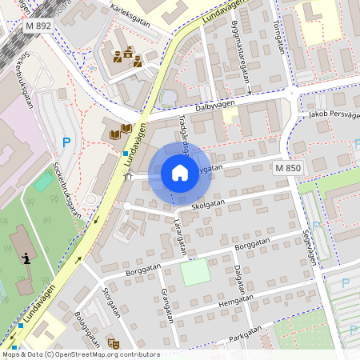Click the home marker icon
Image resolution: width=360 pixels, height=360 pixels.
pyautogui.click(x=180, y=172)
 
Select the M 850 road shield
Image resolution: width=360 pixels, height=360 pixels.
pyautogui.click(x=288, y=168)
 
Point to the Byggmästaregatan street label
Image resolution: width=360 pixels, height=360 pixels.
pyautogui.click(x=238, y=60)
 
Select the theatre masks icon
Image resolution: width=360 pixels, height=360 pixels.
pyautogui.click(x=114, y=342)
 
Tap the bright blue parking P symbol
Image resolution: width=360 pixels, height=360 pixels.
pyautogui.click(x=66, y=143)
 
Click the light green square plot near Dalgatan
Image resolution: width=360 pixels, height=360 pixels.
pyautogui.click(x=195, y=274)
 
